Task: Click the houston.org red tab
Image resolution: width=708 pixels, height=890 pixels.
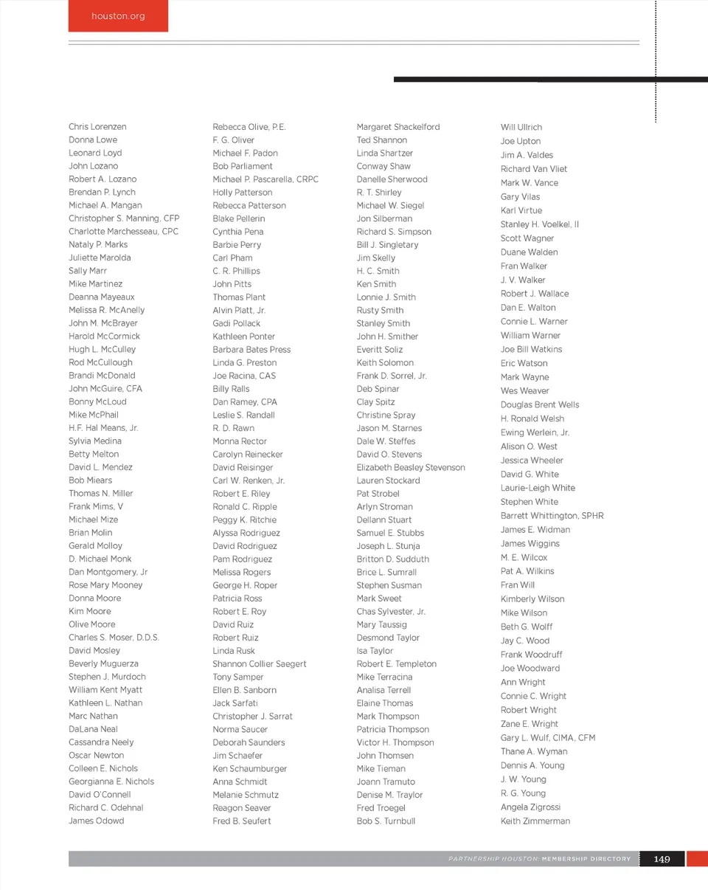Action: pyautogui.click(x=118, y=15)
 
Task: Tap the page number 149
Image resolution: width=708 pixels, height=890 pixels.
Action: pyautogui.click(x=662, y=859)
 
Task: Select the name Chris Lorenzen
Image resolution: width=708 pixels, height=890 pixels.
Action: pyautogui.click(x=97, y=127)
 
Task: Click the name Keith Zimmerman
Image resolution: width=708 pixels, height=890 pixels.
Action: pyautogui.click(x=535, y=821)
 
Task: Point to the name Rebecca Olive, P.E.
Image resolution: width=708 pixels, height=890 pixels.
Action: pyautogui.click(x=249, y=127)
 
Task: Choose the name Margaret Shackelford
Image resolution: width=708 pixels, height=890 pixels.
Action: pyautogui.click(x=398, y=127)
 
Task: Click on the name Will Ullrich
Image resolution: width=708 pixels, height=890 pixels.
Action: pyautogui.click(x=521, y=127)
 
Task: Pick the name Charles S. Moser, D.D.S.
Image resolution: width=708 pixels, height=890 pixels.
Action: pyautogui.click(x=114, y=638)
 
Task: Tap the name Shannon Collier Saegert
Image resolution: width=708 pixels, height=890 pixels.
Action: pyautogui.click(x=259, y=663)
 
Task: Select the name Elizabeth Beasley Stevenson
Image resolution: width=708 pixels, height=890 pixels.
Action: pyautogui.click(x=411, y=467)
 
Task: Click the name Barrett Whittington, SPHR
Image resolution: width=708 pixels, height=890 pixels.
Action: pyautogui.click(x=552, y=516)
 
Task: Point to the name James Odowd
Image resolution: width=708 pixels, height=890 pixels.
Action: pyautogui.click(x=96, y=821)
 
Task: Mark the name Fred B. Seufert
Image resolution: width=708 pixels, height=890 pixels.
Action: pyautogui.click(x=241, y=821)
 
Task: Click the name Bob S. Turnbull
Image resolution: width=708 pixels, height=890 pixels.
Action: pyautogui.click(x=386, y=821)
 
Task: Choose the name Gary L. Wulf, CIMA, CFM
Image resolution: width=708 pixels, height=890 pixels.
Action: pyautogui.click(x=547, y=738)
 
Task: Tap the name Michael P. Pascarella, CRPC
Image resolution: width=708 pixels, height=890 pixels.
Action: pyautogui.click(x=265, y=179)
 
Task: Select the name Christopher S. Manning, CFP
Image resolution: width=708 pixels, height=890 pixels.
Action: pyautogui.click(x=124, y=218)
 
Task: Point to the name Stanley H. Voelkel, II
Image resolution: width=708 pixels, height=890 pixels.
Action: pyautogui.click(x=539, y=224)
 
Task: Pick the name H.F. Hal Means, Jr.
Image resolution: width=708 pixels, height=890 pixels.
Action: pyautogui.click(x=103, y=428)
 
